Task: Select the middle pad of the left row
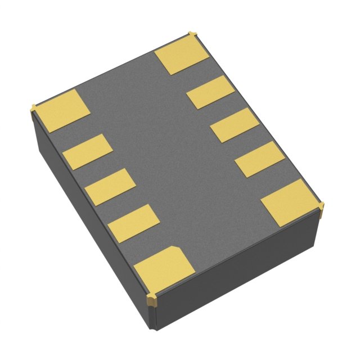coord(110,187)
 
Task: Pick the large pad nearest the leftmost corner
coord(61,111)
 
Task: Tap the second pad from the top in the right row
coord(210,92)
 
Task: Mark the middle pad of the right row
coord(235,125)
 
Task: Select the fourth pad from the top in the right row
coord(259,159)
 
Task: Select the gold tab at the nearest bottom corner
coord(151,299)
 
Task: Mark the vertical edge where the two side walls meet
coord(150,318)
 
